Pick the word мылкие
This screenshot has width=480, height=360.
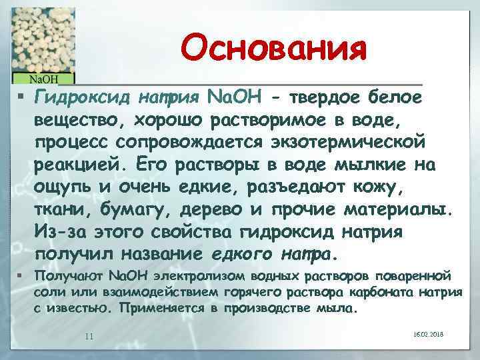pos(371,164)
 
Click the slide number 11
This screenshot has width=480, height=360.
pos(89,335)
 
